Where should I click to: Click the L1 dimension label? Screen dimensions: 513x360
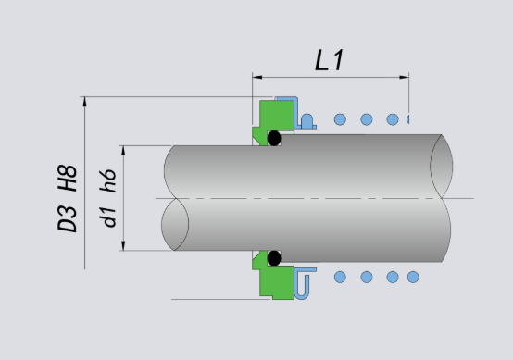coord(329,60)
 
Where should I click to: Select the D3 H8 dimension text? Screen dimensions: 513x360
coord(68,198)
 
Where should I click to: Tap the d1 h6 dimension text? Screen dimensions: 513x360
coord(108,198)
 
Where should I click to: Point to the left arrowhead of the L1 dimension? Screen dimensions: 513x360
coord(257,77)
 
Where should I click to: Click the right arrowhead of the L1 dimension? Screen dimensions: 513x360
coord(404,77)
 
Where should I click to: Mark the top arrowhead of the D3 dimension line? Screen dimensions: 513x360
coord(85,102)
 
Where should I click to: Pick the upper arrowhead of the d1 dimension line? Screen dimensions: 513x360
coord(123,151)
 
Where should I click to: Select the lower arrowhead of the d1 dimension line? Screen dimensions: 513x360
coord(123,246)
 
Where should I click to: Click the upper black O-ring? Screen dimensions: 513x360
coord(274,138)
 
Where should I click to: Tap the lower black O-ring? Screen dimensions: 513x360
coord(274,258)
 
